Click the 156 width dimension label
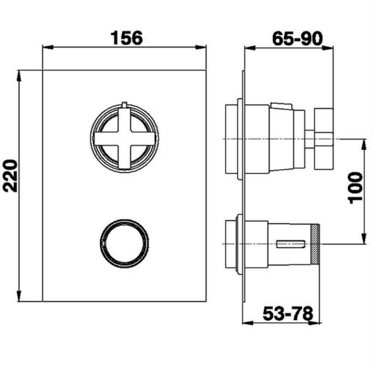pyautogui.click(x=127, y=38)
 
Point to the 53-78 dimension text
pyautogui.click(x=287, y=314)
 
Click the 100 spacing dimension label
pyautogui.click(x=355, y=188)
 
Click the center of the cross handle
pyautogui.click(x=124, y=138)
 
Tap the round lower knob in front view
pyautogui.click(x=124, y=243)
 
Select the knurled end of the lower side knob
pyautogui.click(x=316, y=244)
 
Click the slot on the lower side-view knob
pyautogui.click(x=291, y=244)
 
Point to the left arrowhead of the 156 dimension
pyautogui.click(x=48, y=47)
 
